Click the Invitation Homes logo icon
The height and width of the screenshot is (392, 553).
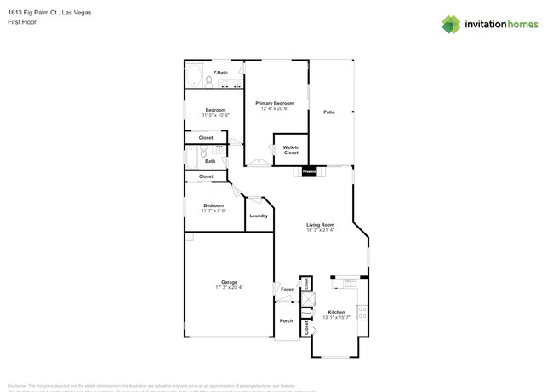451,24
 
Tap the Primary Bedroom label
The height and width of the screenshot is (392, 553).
274,103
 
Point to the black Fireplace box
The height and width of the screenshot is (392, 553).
310,171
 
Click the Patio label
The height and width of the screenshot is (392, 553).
328,112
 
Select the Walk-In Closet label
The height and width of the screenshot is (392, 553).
291,150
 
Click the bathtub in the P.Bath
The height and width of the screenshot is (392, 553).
195,78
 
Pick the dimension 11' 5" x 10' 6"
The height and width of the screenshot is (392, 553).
215,115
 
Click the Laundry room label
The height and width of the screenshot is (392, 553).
259,216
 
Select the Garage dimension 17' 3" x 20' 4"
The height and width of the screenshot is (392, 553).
229,288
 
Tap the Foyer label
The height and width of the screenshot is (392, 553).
287,290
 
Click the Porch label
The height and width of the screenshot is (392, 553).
286,320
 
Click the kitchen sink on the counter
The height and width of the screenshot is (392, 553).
348,280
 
